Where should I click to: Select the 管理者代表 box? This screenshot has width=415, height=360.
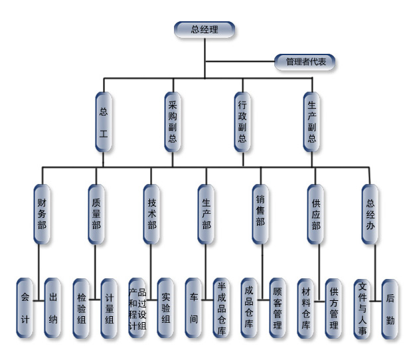pyautogui.click(x=305, y=62)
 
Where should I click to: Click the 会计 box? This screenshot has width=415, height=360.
pyautogui.click(x=26, y=308)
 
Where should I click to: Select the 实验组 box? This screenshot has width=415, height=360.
pyautogui.click(x=166, y=308)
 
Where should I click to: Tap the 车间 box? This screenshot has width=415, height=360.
pyautogui.click(x=194, y=308)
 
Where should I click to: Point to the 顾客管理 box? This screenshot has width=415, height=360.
pyautogui.click(x=278, y=308)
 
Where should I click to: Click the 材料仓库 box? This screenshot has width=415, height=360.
pyautogui.click(x=305, y=308)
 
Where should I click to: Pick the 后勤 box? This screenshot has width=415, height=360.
pyautogui.click(x=390, y=308)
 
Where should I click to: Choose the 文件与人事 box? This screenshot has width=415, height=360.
pyautogui.click(x=363, y=308)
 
